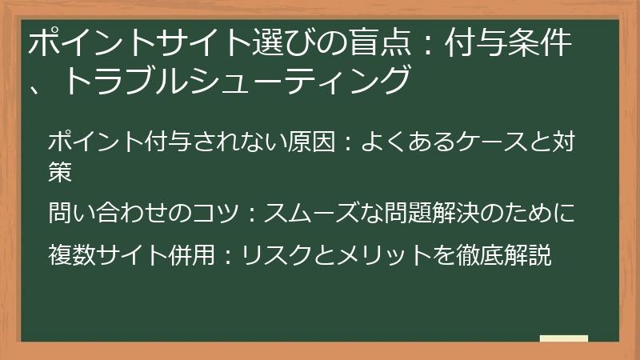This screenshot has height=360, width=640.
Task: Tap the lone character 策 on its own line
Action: (61, 170)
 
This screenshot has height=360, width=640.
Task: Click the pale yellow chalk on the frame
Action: (563, 339)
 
